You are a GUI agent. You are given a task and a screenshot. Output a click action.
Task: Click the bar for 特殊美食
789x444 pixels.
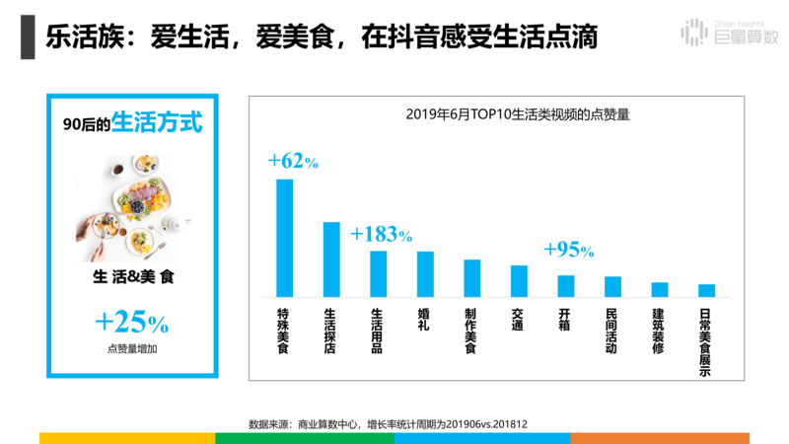click(284, 238)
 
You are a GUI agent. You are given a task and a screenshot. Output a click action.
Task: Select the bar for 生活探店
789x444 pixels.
click(331, 259)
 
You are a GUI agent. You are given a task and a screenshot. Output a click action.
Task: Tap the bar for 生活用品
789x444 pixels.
click(378, 273)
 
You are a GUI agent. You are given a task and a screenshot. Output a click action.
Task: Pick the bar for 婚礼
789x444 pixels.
click(425, 274)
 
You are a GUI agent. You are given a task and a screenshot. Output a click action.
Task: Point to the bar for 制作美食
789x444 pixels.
click(471, 278)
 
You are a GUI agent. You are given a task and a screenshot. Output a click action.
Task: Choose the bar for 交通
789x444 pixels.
click(519, 281)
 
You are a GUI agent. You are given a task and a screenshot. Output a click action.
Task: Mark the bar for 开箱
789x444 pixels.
click(565, 286)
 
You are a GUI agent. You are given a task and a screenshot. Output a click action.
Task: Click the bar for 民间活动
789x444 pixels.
click(612, 286)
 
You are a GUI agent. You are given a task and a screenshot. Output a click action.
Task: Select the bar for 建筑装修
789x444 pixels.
click(659, 289)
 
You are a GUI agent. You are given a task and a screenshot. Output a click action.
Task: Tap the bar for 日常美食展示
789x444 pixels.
click(706, 290)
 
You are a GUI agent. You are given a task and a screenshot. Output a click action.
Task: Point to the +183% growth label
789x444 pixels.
click(381, 235)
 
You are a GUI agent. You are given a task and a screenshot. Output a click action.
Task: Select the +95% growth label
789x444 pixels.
click(568, 250)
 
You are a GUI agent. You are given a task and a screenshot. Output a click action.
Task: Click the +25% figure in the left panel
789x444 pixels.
click(132, 323)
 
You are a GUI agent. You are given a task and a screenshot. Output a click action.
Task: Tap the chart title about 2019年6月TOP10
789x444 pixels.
click(518, 113)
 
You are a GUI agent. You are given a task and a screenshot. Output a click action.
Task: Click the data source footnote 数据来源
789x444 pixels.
click(388, 423)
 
